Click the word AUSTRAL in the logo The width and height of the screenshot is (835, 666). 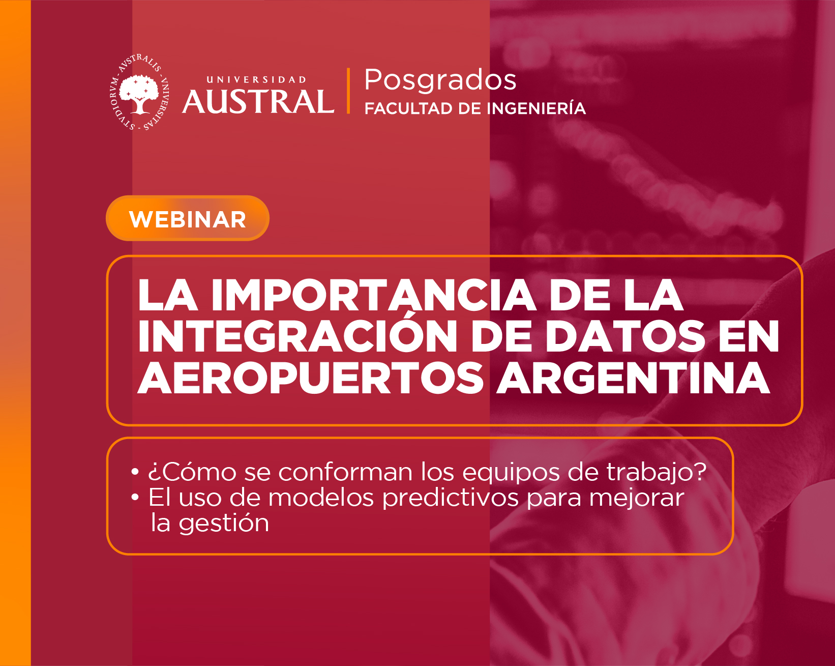click(x=258, y=102)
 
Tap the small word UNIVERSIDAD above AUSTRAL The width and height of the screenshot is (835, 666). click(x=256, y=80)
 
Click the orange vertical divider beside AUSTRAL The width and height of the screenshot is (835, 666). click(x=348, y=91)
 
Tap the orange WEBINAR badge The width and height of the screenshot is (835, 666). click(x=188, y=218)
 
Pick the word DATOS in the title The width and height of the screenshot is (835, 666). click(x=625, y=336)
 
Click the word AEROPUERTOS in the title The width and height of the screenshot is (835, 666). click(x=310, y=378)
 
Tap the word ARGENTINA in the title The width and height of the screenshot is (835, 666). click(x=633, y=378)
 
